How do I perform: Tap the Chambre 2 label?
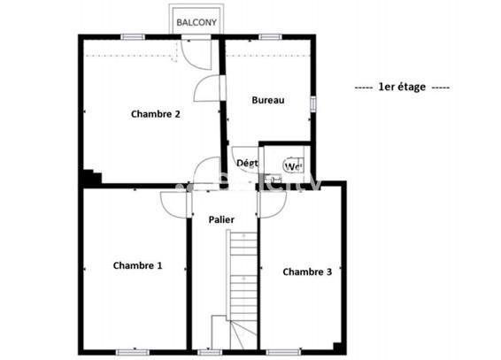(x=156, y=113)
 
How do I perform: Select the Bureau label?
(x=267, y=101)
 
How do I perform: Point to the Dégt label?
(x=247, y=163)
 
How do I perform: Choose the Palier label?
(x=221, y=218)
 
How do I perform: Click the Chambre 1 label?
(x=137, y=265)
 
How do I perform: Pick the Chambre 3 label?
(x=307, y=272)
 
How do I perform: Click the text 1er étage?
(x=402, y=87)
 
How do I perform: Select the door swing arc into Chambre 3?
(x=271, y=203)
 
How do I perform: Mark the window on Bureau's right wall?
(x=312, y=103)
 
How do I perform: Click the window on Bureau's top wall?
(x=270, y=36)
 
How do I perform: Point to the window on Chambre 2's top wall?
(x=133, y=36)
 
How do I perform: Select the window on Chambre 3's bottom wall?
(x=281, y=351)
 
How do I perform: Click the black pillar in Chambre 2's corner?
(x=89, y=177)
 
